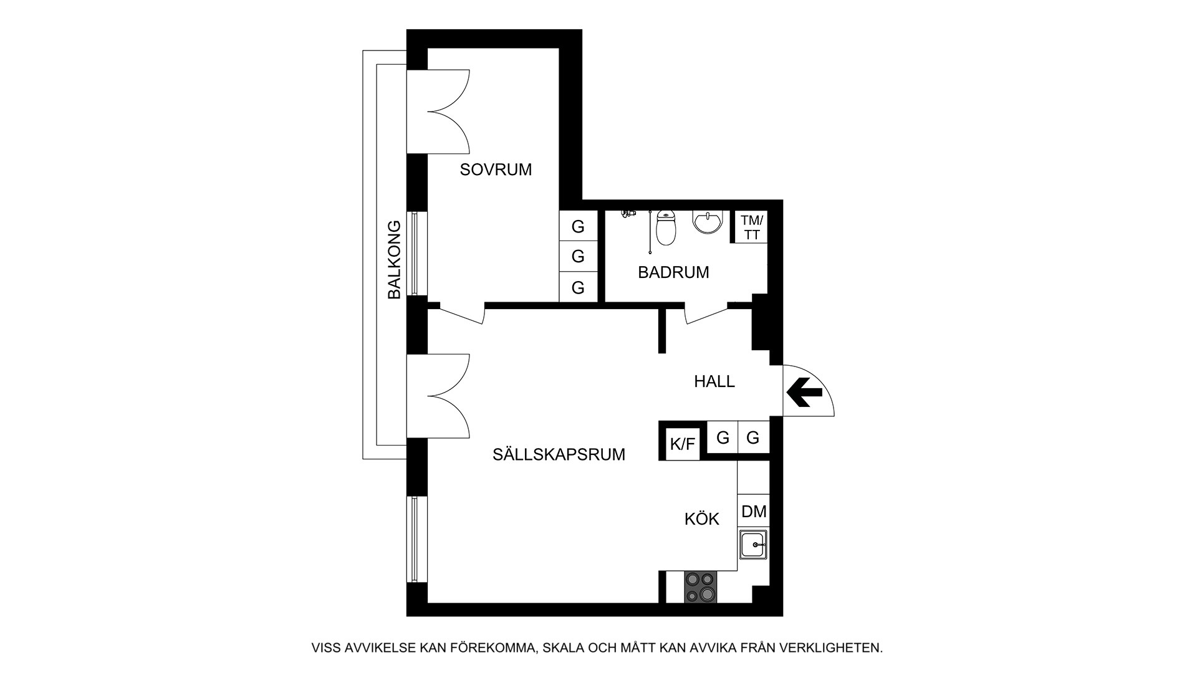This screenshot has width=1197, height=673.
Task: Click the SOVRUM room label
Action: [496, 169]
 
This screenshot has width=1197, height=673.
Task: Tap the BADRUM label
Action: [673, 272]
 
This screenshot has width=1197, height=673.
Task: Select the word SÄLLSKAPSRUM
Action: [559, 454]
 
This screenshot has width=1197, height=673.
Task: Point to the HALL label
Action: [714, 381]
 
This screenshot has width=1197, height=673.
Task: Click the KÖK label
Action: [702, 518]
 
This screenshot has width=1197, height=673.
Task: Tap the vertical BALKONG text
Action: [394, 260]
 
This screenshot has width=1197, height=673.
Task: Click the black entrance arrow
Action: [804, 392]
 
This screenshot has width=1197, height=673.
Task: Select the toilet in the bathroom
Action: [666, 228]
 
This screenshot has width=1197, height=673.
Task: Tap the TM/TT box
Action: [751, 227]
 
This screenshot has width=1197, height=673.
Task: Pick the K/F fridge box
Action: [682, 444]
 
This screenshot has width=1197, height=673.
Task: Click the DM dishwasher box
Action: [754, 512]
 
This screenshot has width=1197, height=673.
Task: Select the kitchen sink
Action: [754, 545]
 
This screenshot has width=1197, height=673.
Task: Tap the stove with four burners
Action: [700, 587]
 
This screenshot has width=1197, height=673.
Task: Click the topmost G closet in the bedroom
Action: [578, 226]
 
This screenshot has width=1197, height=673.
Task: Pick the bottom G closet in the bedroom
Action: [578, 287]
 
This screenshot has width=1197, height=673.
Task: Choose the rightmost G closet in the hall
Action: [753, 437]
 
